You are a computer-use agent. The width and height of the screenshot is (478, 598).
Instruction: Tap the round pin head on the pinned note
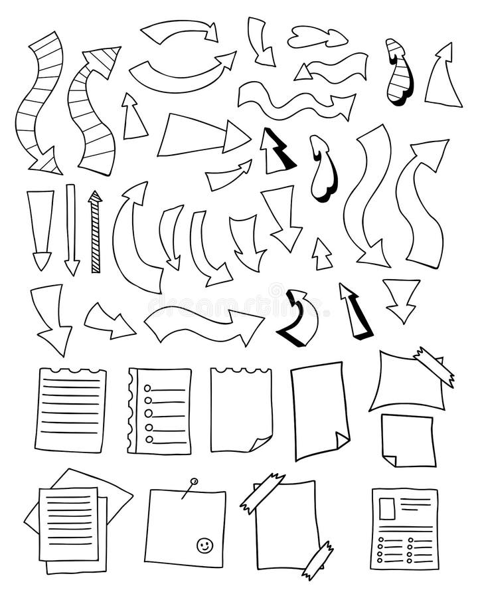(x=193, y=480)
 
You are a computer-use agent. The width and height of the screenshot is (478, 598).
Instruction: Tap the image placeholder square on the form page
(x=386, y=508)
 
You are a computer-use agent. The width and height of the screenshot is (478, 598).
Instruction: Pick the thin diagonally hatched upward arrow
(x=95, y=233)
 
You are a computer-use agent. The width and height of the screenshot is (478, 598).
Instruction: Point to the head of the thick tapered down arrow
(x=41, y=259)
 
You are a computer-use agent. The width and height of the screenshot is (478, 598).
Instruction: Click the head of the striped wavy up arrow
(x=104, y=58)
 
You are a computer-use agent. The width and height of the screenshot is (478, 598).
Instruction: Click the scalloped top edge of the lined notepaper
(x=70, y=371)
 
